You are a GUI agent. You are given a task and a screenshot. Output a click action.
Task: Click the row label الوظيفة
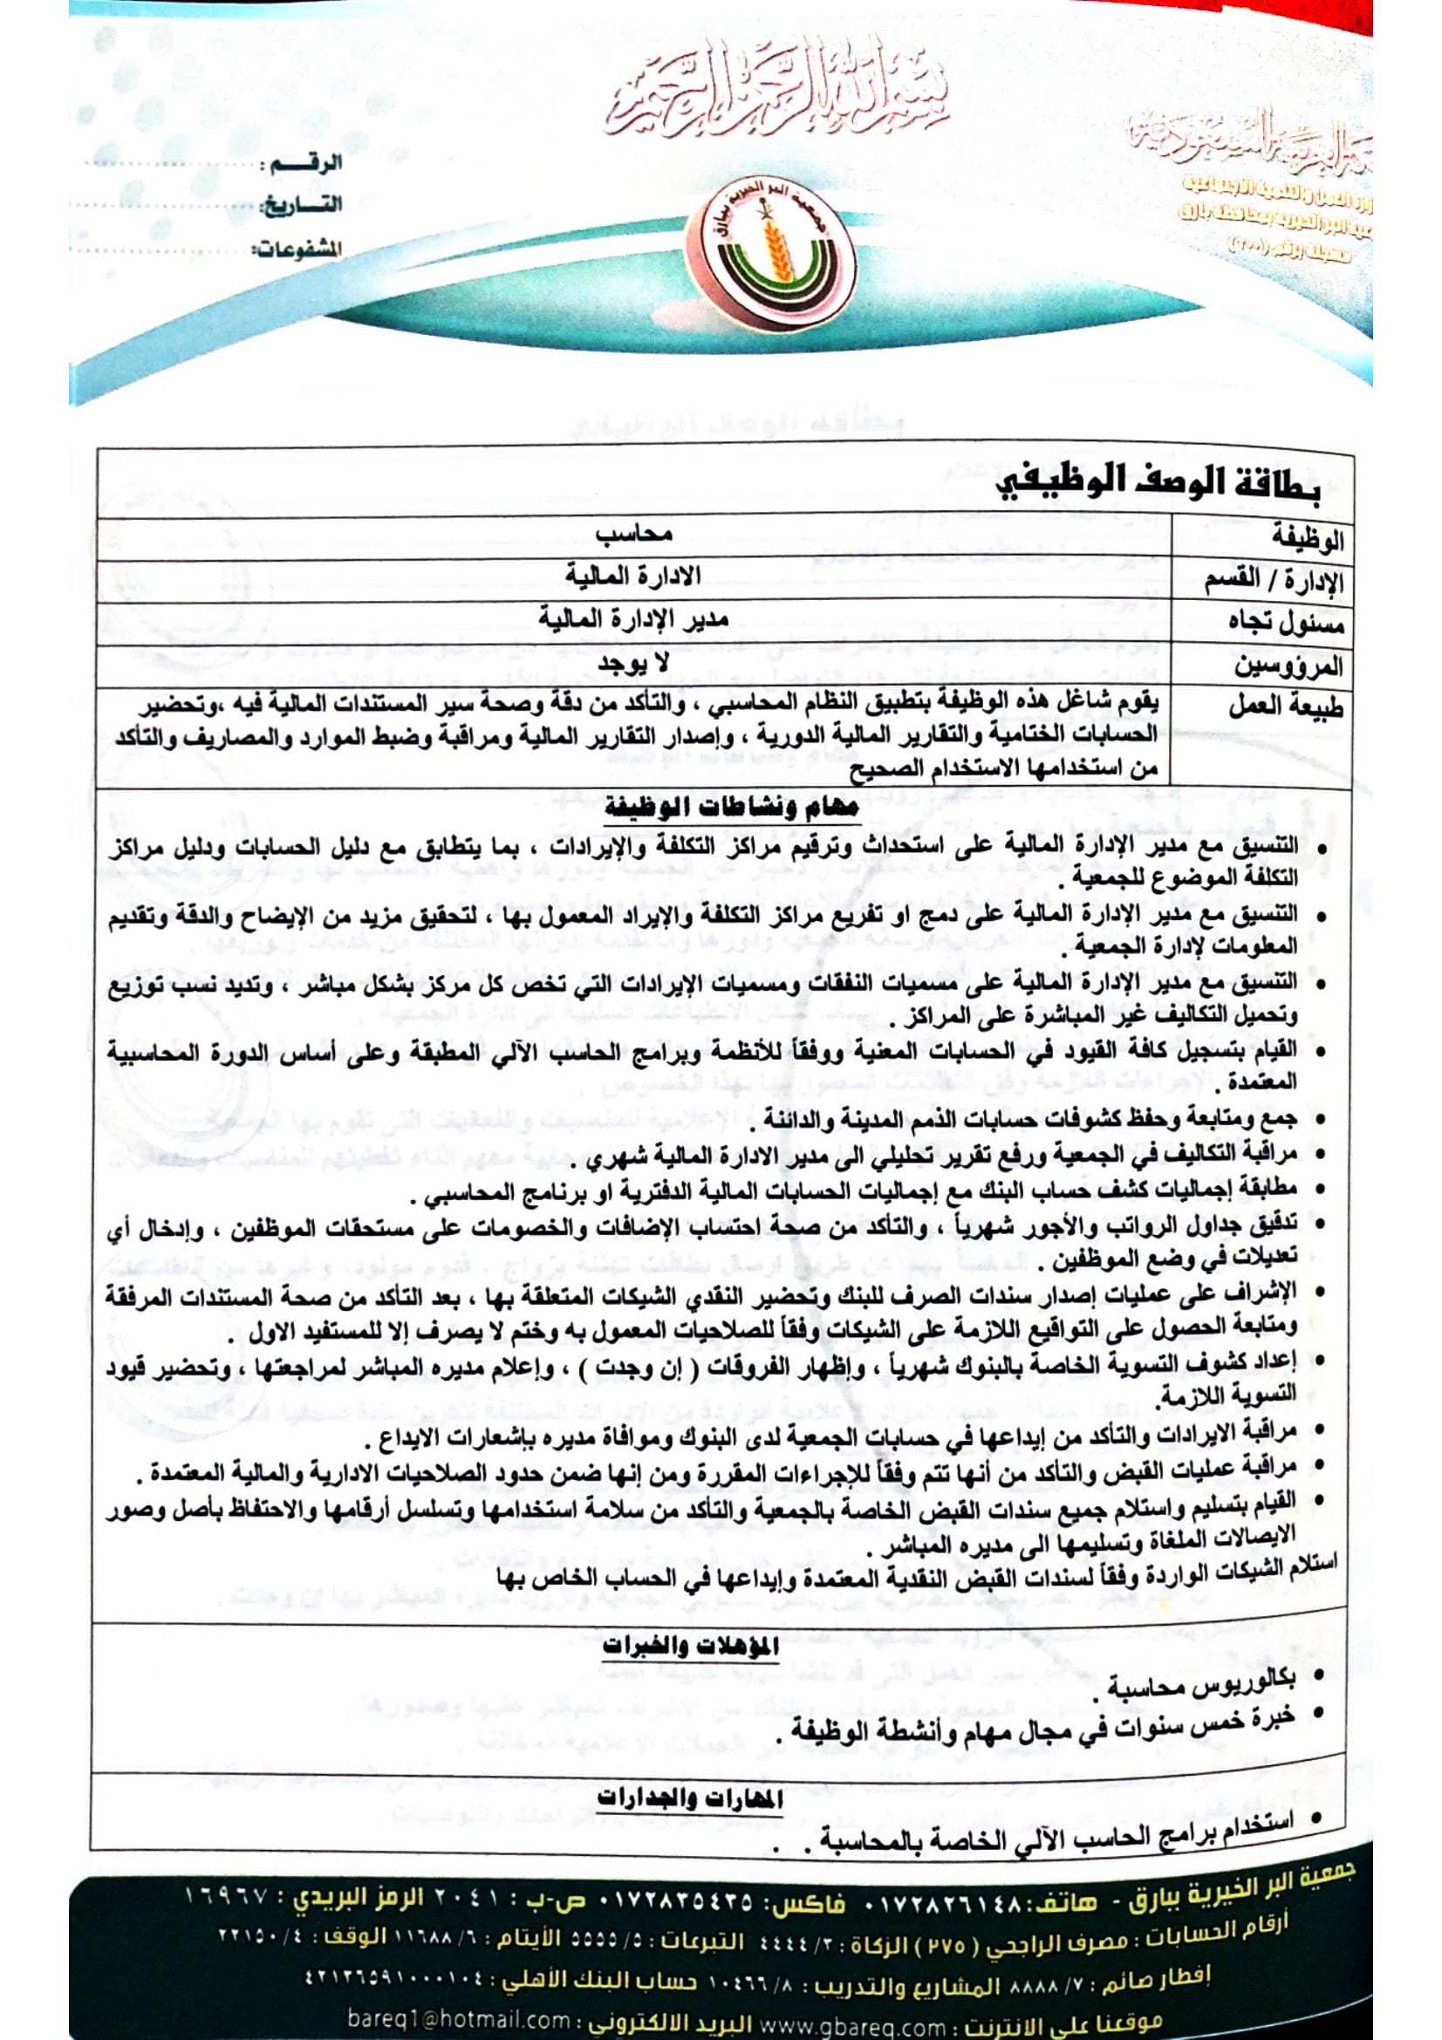[1307, 538]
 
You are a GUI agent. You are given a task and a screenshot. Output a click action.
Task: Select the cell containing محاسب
[634, 534]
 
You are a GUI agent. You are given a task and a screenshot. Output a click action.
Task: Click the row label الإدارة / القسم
[1273, 581]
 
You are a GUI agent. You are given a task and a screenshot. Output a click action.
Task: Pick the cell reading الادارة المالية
[633, 577]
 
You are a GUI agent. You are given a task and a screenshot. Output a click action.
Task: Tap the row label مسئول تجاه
[1286, 623]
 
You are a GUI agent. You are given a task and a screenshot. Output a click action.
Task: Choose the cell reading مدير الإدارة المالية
[633, 619]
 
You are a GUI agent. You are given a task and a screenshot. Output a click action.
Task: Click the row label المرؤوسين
[1288, 665]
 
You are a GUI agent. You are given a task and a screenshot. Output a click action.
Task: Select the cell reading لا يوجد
[633, 662]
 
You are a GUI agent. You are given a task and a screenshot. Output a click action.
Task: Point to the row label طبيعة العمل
[1286, 707]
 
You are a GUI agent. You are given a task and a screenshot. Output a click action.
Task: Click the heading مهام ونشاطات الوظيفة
[731, 808]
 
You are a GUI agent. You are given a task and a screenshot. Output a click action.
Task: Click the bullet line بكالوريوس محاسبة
[1200, 1682]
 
